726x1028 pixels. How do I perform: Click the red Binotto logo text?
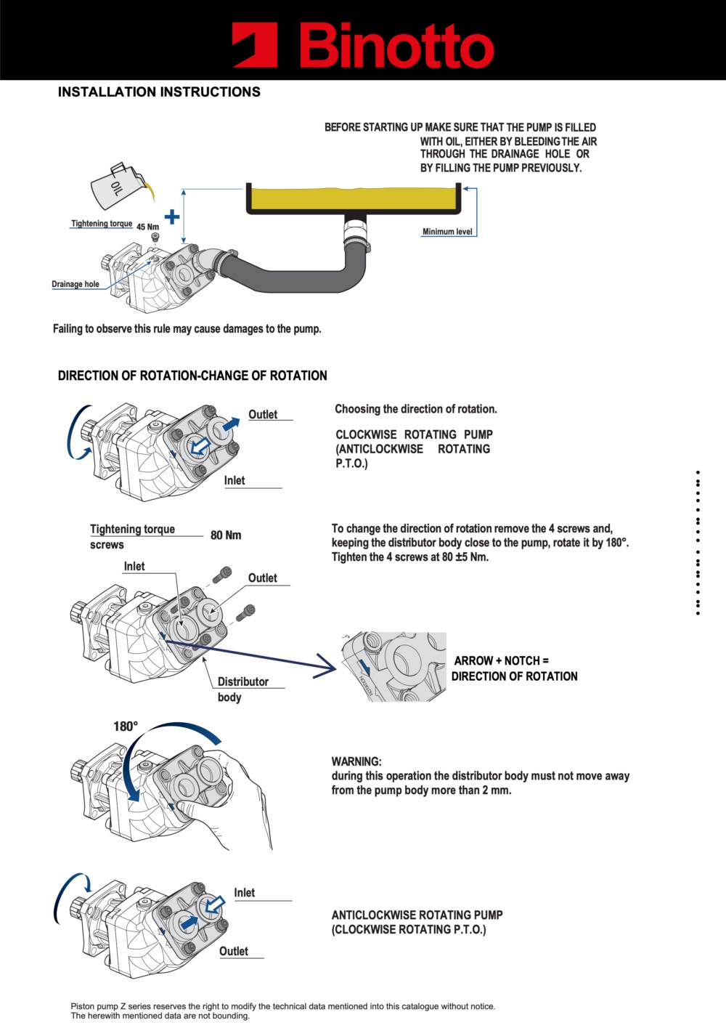click(396, 46)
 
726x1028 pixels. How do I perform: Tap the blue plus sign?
click(172, 216)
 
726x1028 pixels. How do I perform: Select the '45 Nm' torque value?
click(147, 227)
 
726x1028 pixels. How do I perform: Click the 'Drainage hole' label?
click(76, 284)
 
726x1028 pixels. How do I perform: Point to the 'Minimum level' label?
click(447, 232)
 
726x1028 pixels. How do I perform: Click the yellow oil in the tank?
click(354, 198)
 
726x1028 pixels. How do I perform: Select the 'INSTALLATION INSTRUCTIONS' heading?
click(159, 92)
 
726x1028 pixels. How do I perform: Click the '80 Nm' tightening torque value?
click(226, 535)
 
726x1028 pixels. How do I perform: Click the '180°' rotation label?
click(126, 727)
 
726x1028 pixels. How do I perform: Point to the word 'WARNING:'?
click(356, 761)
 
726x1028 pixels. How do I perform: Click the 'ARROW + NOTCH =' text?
click(501, 660)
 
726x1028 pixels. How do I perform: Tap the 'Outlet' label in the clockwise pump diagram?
click(263, 414)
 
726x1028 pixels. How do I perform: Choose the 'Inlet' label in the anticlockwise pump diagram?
click(244, 893)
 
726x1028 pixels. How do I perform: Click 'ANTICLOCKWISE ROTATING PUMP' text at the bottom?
click(417, 915)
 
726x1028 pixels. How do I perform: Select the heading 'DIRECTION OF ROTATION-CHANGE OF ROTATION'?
click(192, 376)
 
